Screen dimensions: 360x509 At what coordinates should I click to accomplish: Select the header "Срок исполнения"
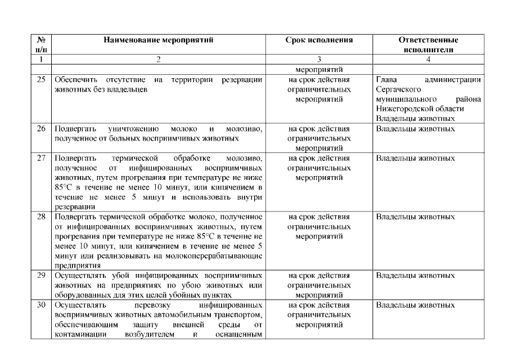point(319,40)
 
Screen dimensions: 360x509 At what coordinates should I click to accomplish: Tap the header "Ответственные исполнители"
point(428,44)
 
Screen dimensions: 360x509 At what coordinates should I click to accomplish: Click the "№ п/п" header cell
point(40,44)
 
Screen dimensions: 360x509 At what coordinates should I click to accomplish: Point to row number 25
point(40,80)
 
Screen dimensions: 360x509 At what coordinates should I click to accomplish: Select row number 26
point(40,128)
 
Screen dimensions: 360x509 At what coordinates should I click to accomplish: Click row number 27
point(40,158)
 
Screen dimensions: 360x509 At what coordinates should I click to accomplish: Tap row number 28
point(40,217)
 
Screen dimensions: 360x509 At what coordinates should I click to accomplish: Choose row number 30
point(40,305)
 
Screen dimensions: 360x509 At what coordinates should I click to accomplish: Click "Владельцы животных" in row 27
point(415,158)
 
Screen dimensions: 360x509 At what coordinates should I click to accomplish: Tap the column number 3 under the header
point(319,58)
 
